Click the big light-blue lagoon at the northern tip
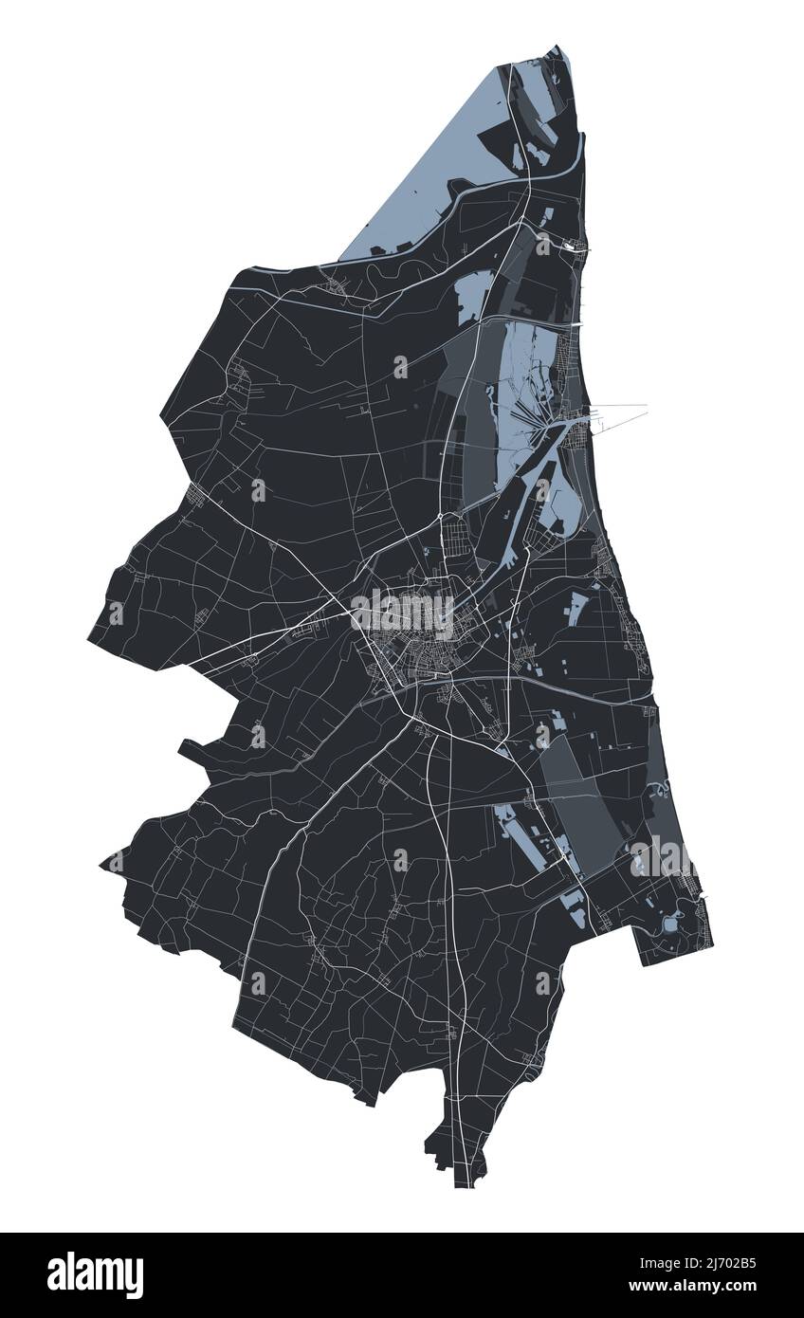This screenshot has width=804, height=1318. (x=446, y=171)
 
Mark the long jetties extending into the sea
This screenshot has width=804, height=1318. (x=621, y=409)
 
